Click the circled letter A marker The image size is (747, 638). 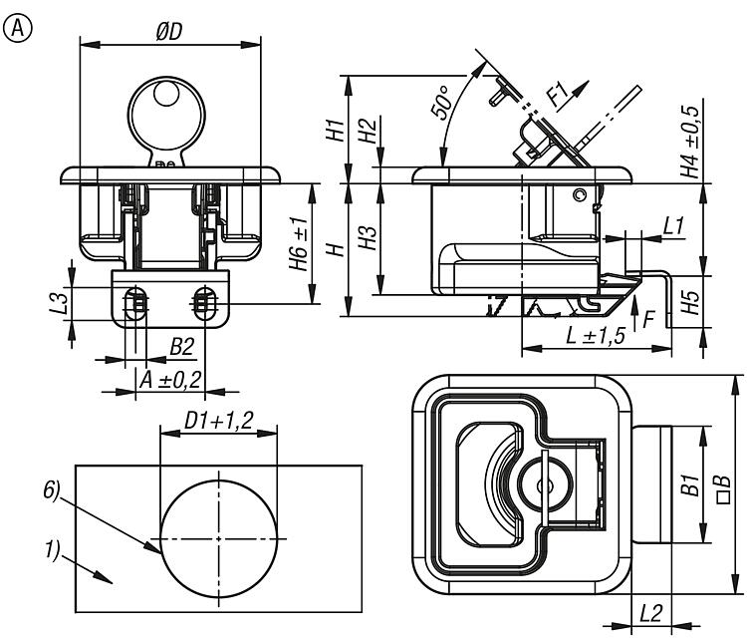17,29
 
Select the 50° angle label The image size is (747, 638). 440,104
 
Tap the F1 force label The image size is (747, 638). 558,97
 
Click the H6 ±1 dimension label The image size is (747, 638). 297,244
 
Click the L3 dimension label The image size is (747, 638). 59,299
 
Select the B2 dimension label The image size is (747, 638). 181,346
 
